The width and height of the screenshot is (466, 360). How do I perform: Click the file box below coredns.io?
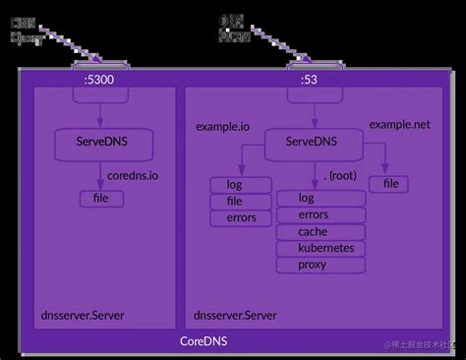click(101, 199)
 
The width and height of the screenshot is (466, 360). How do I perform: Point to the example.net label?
click(400, 124)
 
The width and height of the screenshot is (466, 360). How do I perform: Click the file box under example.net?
click(390, 184)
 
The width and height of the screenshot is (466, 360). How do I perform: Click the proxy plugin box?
click(313, 265)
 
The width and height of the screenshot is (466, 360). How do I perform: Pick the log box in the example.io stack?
click(233, 184)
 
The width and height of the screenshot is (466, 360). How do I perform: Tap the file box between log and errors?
click(233, 201)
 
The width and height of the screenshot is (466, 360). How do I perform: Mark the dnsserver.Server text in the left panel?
click(83, 315)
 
